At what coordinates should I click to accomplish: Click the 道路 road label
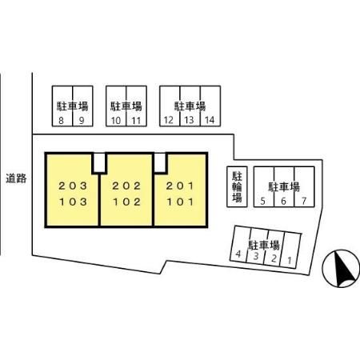(16, 178)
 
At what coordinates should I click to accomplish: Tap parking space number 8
(61, 121)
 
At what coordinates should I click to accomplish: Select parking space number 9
(82, 121)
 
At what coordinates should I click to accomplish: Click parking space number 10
(116, 121)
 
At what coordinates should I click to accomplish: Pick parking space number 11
(136, 121)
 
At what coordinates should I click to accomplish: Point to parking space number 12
(169, 120)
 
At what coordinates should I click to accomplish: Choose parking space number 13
(189, 120)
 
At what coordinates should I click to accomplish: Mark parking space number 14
(210, 120)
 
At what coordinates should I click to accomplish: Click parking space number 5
(262, 201)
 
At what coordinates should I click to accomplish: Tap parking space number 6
(283, 201)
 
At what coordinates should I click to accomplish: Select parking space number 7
(304, 201)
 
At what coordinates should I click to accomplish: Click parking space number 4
(238, 254)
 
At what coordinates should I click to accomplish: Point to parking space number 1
(290, 260)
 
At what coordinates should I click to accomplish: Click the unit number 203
(73, 186)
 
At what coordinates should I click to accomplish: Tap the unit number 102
(126, 202)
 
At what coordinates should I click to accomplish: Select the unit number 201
(180, 186)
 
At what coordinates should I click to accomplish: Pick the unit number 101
(180, 202)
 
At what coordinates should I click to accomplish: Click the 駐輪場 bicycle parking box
(237, 186)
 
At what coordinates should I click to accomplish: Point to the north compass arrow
(344, 268)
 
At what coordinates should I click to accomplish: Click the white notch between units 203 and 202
(99, 163)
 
